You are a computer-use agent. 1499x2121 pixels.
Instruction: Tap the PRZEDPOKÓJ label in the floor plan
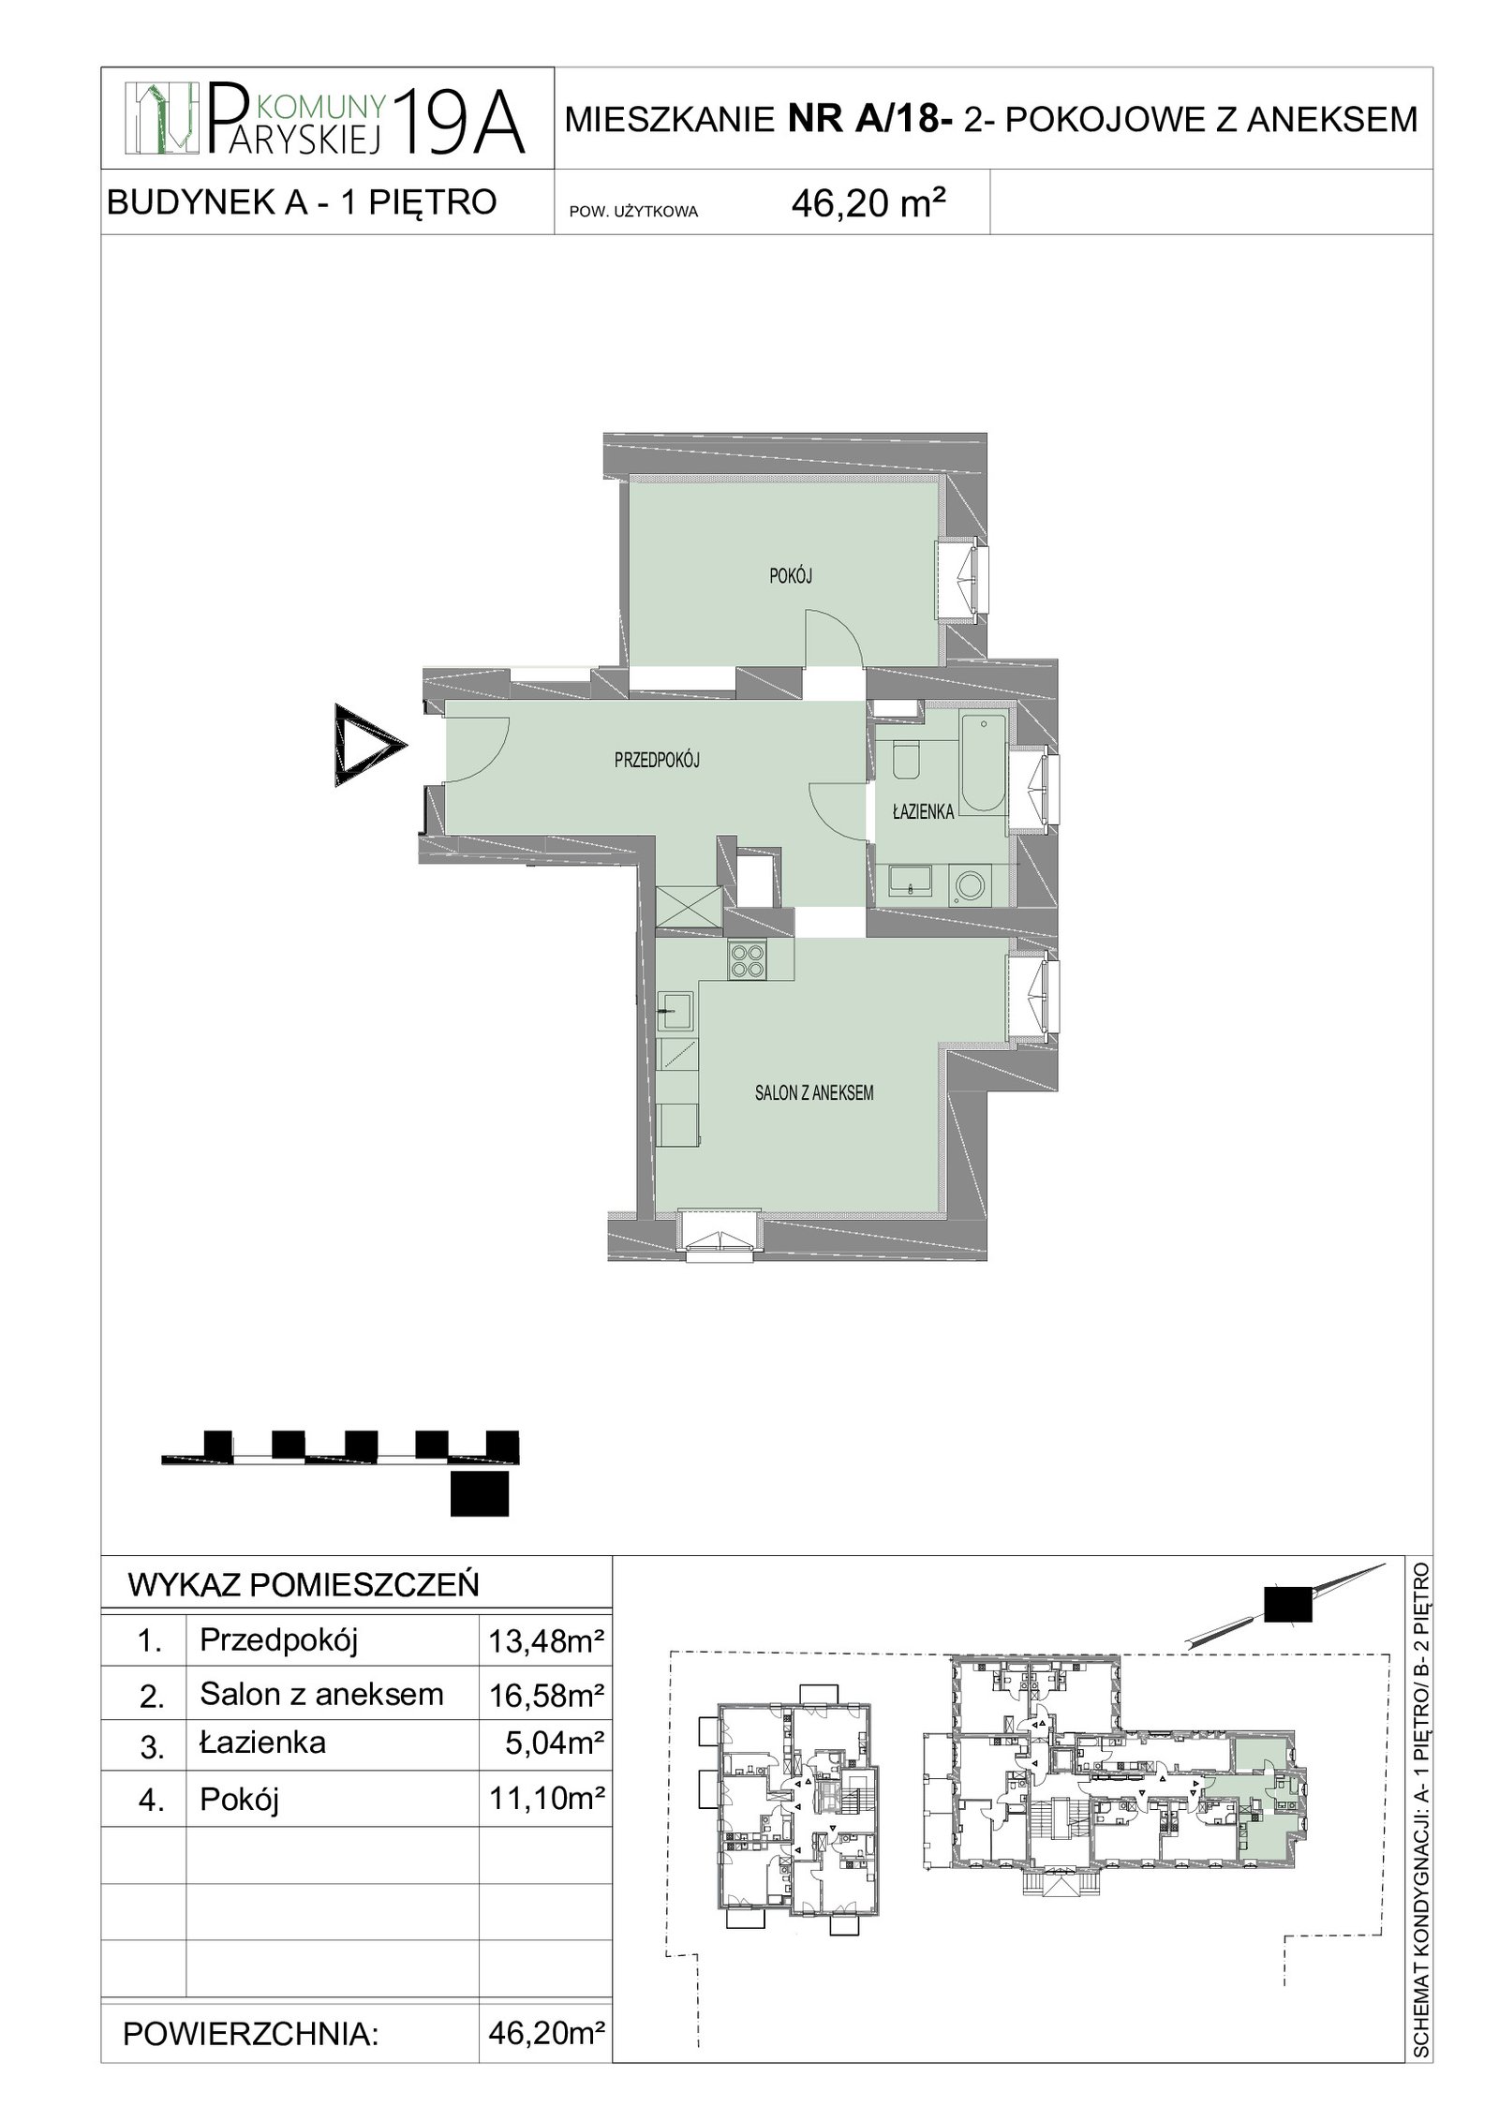(657, 762)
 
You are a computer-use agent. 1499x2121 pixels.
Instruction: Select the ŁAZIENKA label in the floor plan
(923, 812)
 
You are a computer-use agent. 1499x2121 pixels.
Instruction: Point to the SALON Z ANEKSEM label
(813, 1092)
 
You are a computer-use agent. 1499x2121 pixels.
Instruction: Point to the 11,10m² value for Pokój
(544, 1798)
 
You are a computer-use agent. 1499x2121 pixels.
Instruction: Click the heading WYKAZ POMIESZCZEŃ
(303, 1584)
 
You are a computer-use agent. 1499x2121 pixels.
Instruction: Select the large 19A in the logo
(460, 121)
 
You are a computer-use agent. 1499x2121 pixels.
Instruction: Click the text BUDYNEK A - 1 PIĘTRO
(302, 201)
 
